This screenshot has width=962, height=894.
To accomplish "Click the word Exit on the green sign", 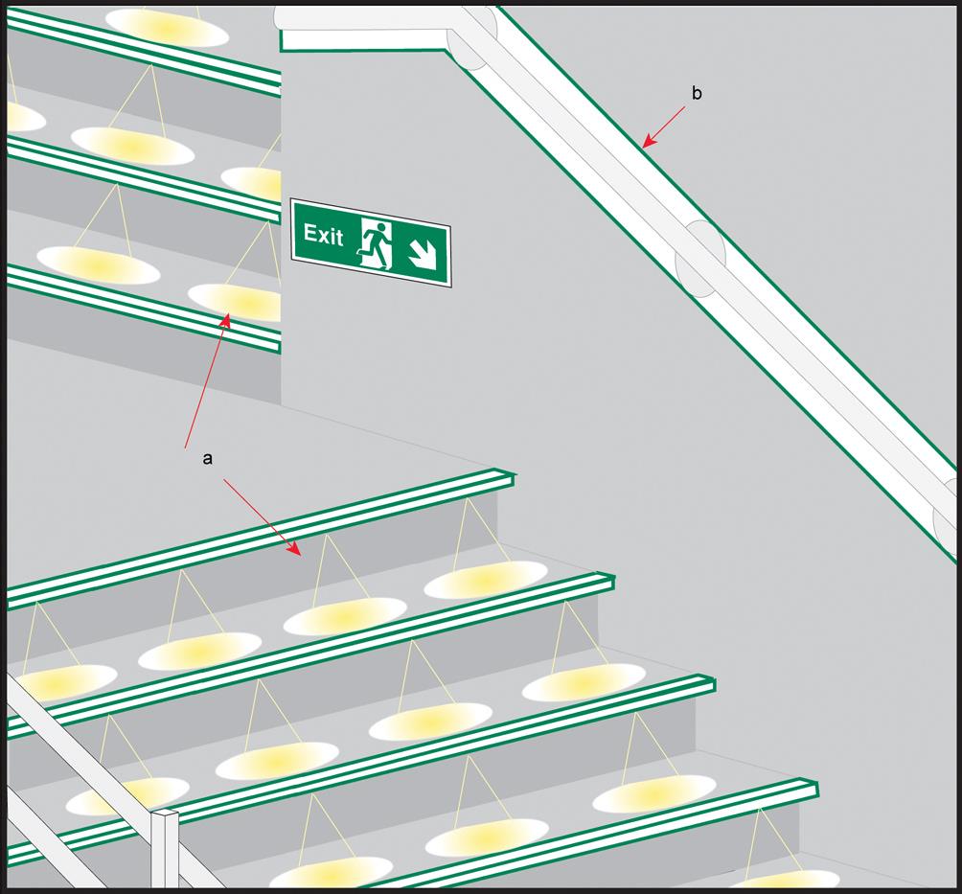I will [323, 235].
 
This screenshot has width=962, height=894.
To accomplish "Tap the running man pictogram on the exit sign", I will [376, 244].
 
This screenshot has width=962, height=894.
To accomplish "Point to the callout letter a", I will [208, 459].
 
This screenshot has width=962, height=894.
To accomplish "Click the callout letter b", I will [697, 94].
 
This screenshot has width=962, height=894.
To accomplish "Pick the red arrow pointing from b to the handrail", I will [664, 127].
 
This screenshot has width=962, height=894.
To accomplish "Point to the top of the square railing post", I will [165, 815].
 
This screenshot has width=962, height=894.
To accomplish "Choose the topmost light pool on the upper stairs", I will [168, 27].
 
